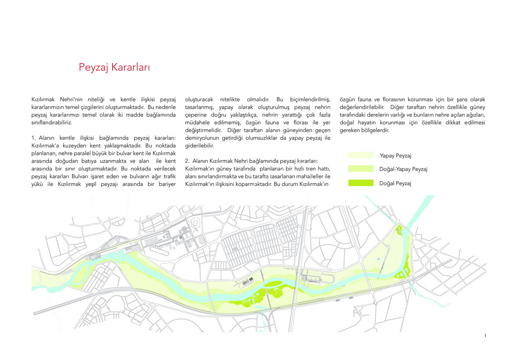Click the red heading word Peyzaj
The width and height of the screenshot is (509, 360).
pos(94,68)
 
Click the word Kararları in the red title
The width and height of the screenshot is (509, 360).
pos(130,67)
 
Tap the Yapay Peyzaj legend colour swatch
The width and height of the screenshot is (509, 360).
pos(361,155)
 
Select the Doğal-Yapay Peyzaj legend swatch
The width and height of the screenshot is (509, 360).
pos(361,169)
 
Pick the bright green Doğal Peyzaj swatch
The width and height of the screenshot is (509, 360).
pos(361,183)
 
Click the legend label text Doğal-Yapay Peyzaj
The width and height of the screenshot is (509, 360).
pos(403,169)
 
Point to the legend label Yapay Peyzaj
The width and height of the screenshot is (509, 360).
pos(395,155)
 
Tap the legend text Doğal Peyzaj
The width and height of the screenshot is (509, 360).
pos(395,183)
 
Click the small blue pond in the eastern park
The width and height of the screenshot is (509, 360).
pos(378,260)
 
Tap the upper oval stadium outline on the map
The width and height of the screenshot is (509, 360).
pos(195,225)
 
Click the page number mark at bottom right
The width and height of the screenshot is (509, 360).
pos(485,335)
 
